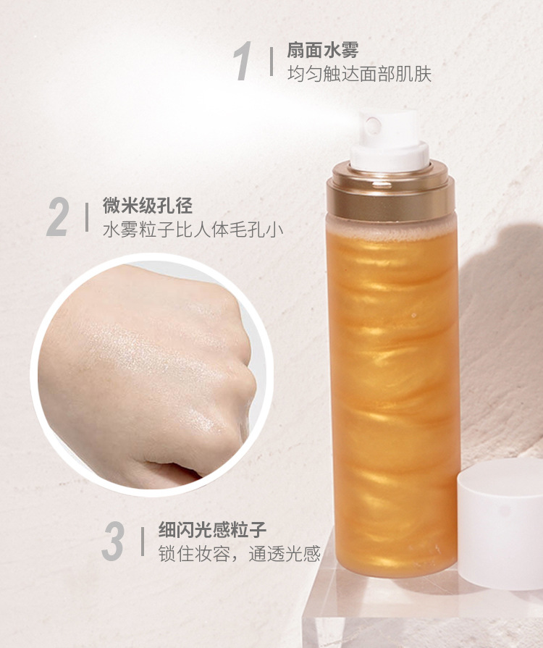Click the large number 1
click(243, 61)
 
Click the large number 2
click(56, 217)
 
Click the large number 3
click(113, 541)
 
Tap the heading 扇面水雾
click(323, 51)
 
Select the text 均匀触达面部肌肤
click(359, 74)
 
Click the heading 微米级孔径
click(148, 206)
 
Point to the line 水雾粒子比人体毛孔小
click(193, 230)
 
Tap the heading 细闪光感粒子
click(212, 530)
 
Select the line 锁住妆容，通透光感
click(240, 554)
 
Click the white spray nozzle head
click(389, 140)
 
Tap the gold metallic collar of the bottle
click(390, 191)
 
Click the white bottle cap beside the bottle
click(500, 522)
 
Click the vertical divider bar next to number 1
click(271, 62)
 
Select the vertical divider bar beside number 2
click(87, 217)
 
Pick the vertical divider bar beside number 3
click(143, 542)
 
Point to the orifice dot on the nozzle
click(373, 124)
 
